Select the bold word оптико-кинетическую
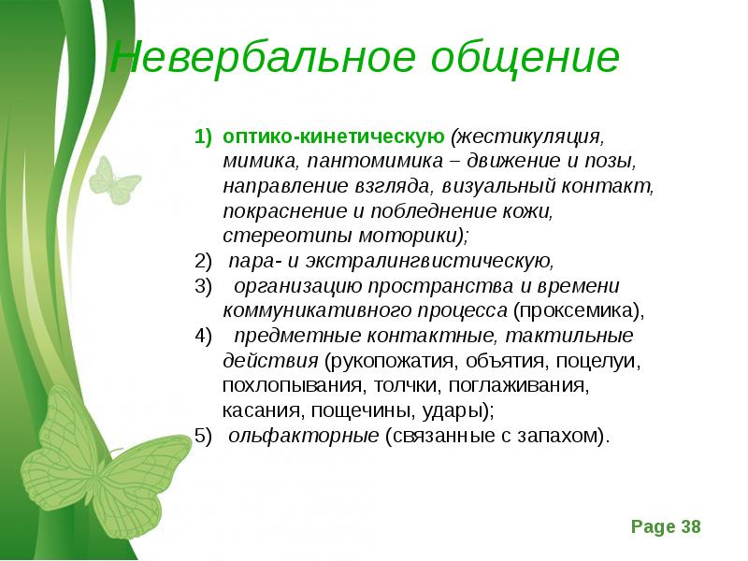(x=333, y=137)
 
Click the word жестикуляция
(x=529, y=137)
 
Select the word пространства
(x=442, y=286)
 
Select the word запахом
(x=566, y=436)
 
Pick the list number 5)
(x=204, y=436)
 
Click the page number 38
(x=690, y=527)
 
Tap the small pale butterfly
(x=112, y=180)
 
